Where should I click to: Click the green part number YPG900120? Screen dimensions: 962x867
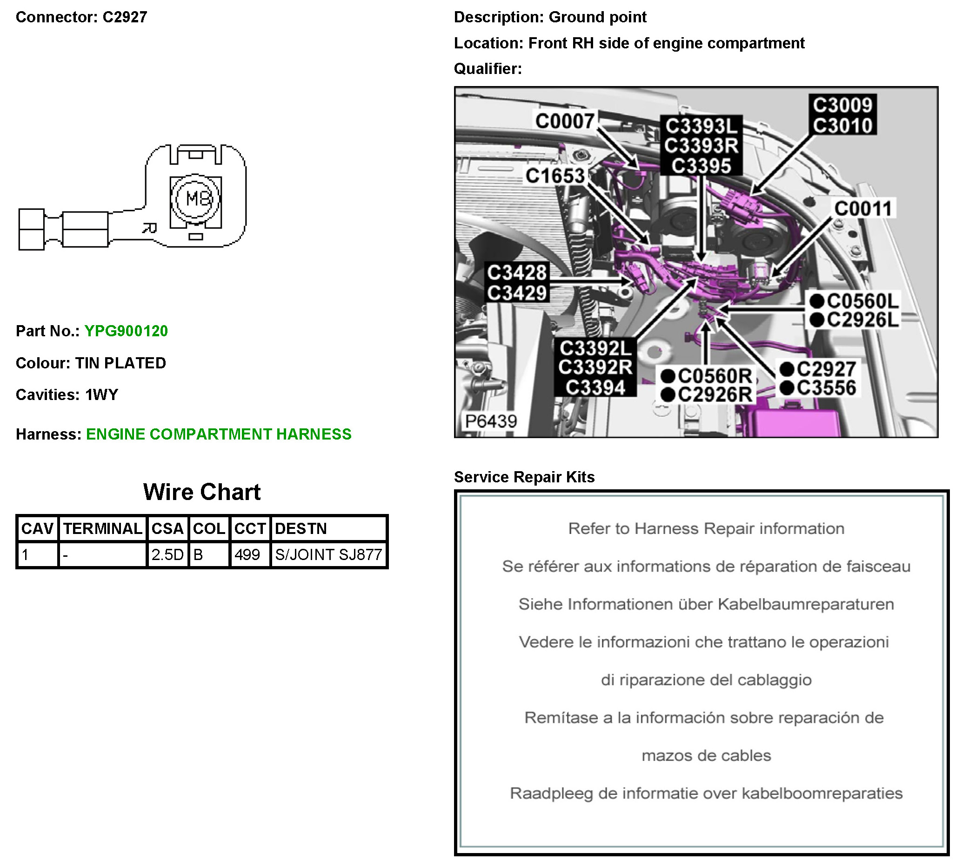(126, 331)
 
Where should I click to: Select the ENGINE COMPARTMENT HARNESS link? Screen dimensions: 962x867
(219, 434)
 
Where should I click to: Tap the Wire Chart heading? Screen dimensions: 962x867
(202, 492)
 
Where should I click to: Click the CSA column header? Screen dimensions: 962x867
(167, 528)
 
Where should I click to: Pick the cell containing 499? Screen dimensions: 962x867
(247, 554)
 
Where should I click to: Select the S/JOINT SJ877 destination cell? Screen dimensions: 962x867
(329, 554)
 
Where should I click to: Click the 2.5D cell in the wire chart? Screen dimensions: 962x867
(167, 554)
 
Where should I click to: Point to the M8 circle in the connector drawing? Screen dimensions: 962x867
(196, 198)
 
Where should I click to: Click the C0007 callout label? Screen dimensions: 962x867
(565, 121)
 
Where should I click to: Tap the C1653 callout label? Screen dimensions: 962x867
(555, 176)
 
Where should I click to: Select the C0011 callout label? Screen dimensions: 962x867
(863, 208)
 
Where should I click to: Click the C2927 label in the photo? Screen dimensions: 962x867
(826, 369)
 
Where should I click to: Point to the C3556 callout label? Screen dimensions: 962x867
(826, 388)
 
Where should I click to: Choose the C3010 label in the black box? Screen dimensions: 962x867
(842, 125)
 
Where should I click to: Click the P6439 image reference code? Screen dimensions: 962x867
(491, 421)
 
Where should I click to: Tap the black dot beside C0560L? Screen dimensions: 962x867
(817, 301)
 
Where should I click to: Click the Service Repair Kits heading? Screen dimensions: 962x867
(524, 477)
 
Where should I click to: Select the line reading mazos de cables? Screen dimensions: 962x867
(706, 755)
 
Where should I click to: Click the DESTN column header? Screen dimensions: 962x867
(301, 528)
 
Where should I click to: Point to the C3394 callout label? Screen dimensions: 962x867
(595, 387)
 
